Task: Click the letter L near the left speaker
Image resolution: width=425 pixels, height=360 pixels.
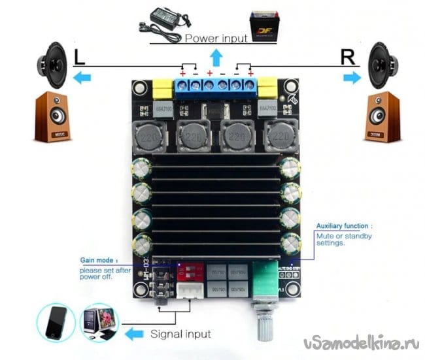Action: coord(79,57)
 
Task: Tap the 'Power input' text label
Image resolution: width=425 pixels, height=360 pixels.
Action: coord(216,38)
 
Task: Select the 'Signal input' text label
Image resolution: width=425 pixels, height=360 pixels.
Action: coord(180,335)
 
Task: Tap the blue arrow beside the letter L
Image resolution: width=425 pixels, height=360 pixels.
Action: coord(82,78)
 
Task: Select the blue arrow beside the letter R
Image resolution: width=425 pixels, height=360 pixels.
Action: coord(352,78)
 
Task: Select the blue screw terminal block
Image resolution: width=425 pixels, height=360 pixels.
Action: coord(216,86)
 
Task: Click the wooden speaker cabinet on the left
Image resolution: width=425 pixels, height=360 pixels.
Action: coord(52,118)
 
